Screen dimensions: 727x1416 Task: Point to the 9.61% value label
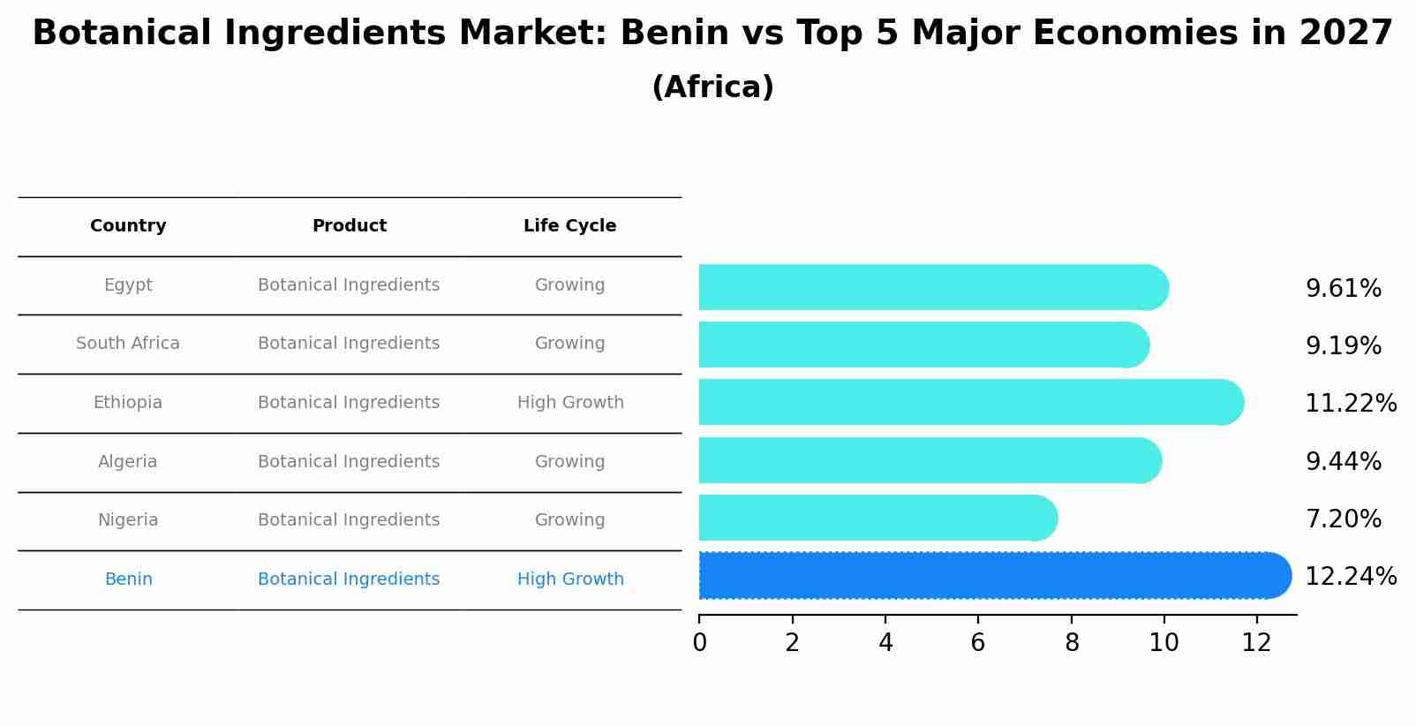(1343, 288)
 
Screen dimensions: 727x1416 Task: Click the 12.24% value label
(1350, 576)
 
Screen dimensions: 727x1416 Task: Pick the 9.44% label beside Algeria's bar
(1343, 461)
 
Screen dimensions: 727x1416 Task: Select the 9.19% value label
(1343, 345)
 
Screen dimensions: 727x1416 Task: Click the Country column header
(128, 226)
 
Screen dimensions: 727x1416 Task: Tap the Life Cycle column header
(569, 226)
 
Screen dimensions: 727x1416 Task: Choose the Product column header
(349, 226)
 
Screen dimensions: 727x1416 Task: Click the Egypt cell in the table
(128, 285)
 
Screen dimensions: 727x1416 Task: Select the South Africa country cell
(128, 344)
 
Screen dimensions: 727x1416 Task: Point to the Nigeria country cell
(128, 520)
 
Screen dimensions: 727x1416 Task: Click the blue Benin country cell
(128, 579)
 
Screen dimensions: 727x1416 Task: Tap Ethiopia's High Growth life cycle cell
(570, 403)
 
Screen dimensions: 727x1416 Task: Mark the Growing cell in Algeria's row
(569, 462)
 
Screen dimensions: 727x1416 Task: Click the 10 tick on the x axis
(1164, 643)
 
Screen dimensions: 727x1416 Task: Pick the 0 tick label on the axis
(699, 643)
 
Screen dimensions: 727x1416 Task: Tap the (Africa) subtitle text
(712, 87)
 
